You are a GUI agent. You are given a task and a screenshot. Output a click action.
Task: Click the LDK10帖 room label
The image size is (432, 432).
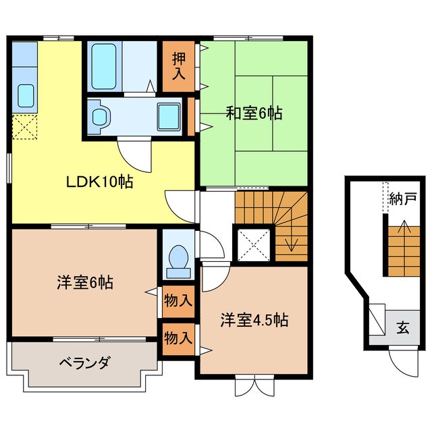(99, 181)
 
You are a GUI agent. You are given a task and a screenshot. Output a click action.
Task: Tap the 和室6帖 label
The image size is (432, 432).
(254, 113)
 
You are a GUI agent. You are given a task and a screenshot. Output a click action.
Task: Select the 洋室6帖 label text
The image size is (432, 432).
(84, 283)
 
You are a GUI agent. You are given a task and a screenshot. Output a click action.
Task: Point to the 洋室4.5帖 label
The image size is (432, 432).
(254, 319)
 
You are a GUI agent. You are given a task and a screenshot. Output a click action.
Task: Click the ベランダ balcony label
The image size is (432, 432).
(84, 363)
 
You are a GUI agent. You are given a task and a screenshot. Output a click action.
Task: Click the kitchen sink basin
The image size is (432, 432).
(26, 95)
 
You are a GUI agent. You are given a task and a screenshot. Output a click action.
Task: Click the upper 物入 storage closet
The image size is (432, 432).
(178, 301)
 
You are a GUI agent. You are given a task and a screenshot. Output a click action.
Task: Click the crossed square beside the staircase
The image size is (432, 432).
(254, 244)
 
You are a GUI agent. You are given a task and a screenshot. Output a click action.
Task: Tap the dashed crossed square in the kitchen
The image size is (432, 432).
(26, 127)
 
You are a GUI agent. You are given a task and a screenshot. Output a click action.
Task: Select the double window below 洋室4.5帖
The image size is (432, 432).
(250, 387)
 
